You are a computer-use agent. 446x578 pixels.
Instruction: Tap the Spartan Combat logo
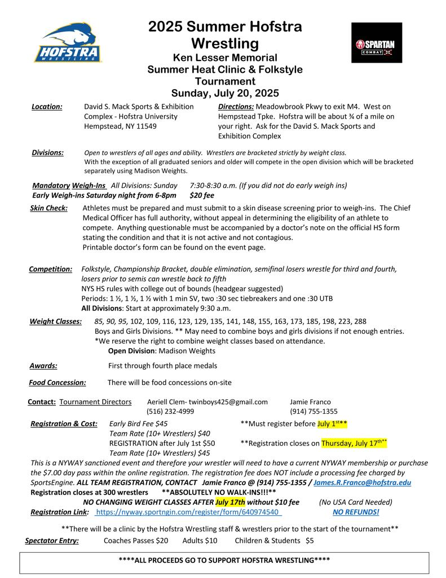pos(376,43)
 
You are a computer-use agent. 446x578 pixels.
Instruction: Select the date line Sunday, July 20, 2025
pos(225,93)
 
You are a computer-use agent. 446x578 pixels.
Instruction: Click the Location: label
pos(47,106)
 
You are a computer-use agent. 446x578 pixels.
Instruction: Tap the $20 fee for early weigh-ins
pos(202,195)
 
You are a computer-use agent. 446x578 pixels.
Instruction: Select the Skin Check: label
pos(48,208)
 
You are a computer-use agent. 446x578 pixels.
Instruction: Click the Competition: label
pos(50,269)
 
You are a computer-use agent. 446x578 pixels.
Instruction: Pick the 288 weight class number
pos(360,321)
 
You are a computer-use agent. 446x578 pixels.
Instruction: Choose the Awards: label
pos(43,365)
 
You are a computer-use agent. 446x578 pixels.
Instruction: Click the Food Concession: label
pos(58,382)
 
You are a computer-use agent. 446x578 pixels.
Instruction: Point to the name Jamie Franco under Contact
pos(310,402)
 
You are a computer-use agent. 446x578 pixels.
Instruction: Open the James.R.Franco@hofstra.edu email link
pos(362,483)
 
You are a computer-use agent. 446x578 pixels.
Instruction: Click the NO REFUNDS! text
pos(356,512)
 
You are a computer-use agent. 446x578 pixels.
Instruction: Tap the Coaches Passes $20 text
pos(136,540)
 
